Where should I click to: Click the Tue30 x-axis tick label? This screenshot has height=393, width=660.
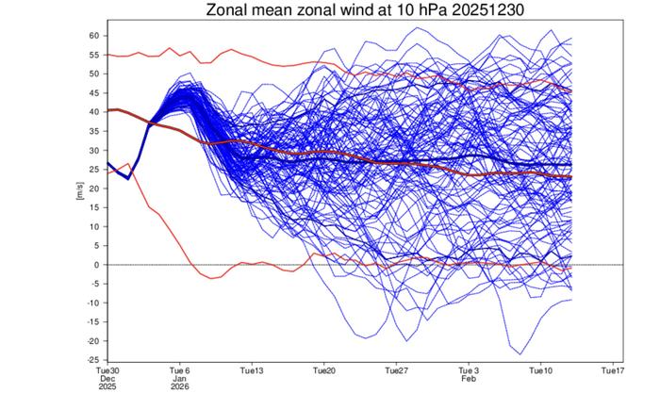point(108,370)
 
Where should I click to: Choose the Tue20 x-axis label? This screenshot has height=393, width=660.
point(324,370)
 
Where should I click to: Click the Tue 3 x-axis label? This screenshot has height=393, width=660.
point(469,370)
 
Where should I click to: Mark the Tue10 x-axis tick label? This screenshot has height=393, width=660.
point(540,370)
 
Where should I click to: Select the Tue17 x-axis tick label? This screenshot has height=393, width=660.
point(613,370)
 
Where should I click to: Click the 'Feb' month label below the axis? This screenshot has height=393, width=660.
point(469,379)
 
